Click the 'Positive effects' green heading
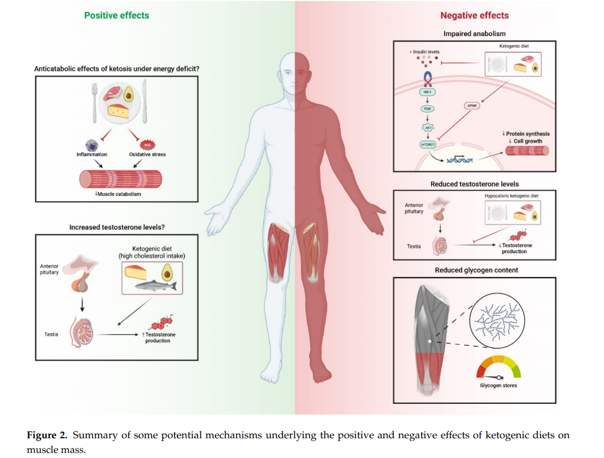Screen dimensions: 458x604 (116, 15)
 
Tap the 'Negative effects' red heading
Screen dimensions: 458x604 (474, 15)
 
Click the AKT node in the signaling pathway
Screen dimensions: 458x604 (427, 127)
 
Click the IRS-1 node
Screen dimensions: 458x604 (427, 91)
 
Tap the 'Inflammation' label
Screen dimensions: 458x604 (92, 154)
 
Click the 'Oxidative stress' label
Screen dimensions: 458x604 (147, 154)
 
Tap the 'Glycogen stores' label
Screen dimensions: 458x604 (498, 386)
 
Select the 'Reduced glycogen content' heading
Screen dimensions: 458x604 (476, 270)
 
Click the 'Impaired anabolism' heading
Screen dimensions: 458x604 (475, 34)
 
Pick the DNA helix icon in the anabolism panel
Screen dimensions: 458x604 (459, 161)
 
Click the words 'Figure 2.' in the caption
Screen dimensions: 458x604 (47, 435)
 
